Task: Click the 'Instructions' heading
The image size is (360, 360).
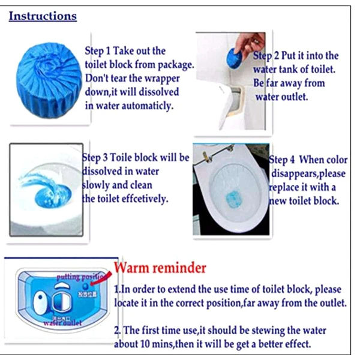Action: (43, 16)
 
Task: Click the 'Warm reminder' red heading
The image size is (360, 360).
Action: (160, 266)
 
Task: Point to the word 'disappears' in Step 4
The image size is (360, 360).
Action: (298, 174)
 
